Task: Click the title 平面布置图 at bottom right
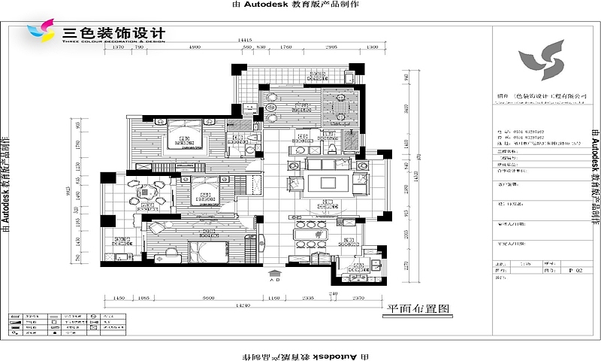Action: pyautogui.click(x=417, y=308)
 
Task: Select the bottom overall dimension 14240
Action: pyautogui.click(x=242, y=306)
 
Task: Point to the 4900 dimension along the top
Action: pyautogui.click(x=194, y=47)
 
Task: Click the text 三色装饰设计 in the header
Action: pyautogui.click(x=113, y=33)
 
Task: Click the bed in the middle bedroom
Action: pyautogui.click(x=203, y=190)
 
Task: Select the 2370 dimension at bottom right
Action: pyautogui.click(x=357, y=298)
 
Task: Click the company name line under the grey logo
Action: pyautogui.click(x=541, y=97)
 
